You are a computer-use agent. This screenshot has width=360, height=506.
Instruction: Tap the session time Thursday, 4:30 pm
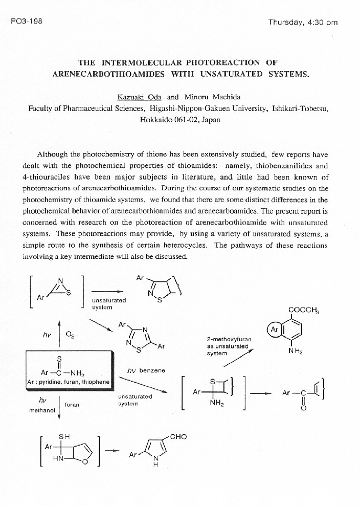click(x=303, y=22)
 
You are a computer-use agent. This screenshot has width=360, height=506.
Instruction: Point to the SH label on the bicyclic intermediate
click(x=64, y=436)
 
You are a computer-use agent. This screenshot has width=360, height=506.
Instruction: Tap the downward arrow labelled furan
click(x=59, y=404)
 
